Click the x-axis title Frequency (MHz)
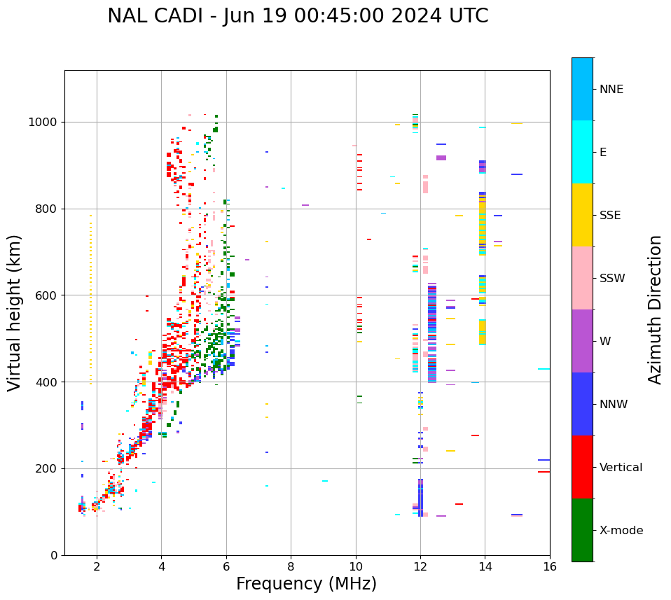pyautogui.click(x=306, y=584)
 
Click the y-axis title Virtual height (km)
pyautogui.click(x=15, y=313)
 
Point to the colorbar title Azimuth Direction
pyautogui.click(x=655, y=309)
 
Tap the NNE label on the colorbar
pyautogui.click(x=611, y=90)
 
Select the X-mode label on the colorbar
pyautogui.click(x=621, y=531)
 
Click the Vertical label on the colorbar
pyautogui.click(x=621, y=468)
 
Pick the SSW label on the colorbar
pyautogui.click(x=612, y=279)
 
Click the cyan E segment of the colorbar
pyautogui.click(x=582, y=152)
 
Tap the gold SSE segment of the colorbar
pyautogui.click(x=582, y=215)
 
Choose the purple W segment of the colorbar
pyautogui.click(x=582, y=341)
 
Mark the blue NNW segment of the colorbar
pyautogui.click(x=582, y=404)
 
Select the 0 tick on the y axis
pyautogui.click(x=53, y=555)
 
